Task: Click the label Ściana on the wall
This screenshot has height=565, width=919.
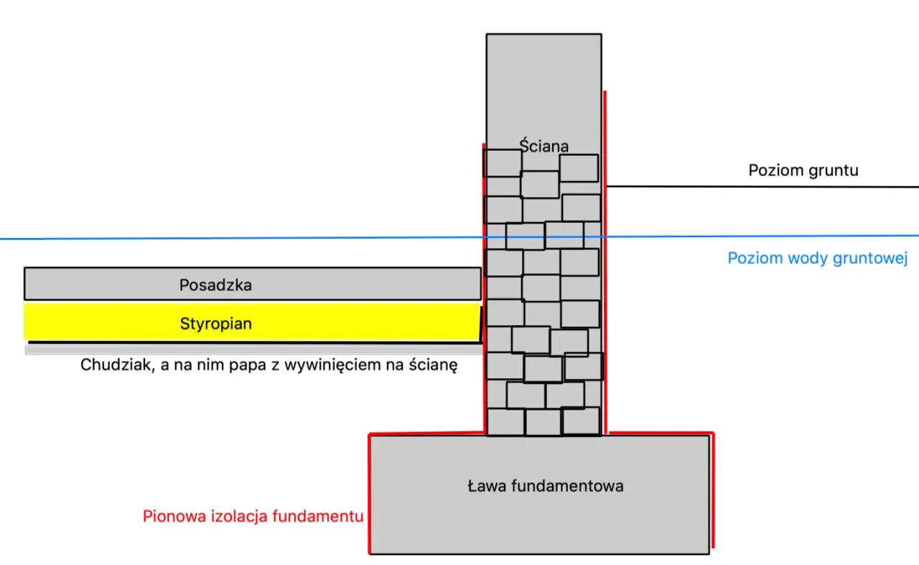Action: click(544, 146)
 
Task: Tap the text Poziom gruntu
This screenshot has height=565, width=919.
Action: click(803, 170)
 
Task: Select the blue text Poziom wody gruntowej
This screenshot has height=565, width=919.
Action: click(818, 258)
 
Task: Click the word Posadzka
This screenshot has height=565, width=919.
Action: click(215, 285)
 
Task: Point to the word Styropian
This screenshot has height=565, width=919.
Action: click(215, 323)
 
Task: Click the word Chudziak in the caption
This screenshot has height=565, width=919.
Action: click(110, 364)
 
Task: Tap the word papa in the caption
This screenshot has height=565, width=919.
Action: click(244, 364)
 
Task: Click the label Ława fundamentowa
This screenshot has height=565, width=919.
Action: click(545, 486)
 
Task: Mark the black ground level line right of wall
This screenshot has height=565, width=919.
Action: click(761, 187)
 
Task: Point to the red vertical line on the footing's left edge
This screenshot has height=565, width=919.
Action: click(369, 496)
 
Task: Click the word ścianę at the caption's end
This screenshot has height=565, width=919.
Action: click(433, 364)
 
